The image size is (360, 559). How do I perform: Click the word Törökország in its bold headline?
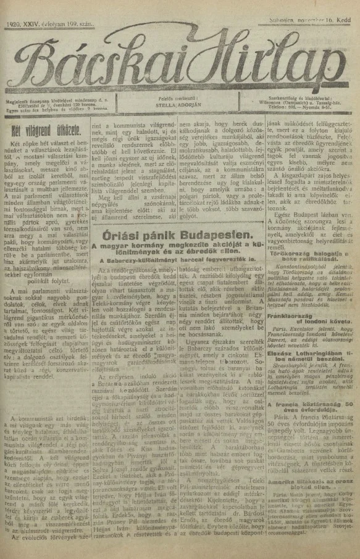[x=291, y=236]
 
